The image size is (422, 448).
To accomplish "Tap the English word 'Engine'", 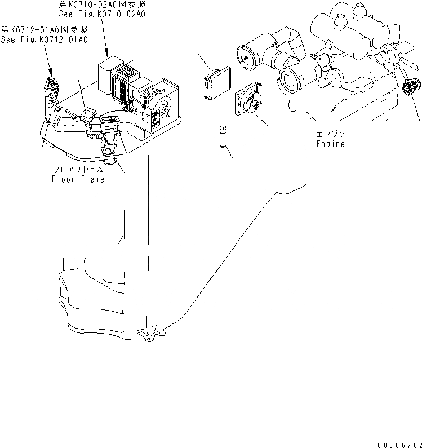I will click(x=330, y=144).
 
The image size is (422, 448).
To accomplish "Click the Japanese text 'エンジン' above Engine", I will click(x=330, y=135).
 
